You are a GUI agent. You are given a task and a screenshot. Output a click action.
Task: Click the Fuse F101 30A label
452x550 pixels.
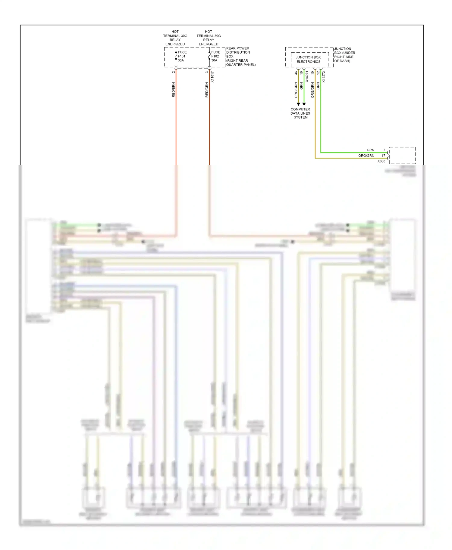182,56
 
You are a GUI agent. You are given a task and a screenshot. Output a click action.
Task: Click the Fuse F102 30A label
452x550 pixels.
215,56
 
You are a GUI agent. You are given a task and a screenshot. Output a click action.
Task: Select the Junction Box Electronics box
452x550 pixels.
308,60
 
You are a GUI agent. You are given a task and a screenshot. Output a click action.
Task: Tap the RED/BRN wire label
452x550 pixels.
174,90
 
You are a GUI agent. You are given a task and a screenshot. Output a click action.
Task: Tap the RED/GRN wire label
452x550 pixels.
207,90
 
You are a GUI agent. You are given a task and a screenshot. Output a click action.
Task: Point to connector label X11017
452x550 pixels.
212,77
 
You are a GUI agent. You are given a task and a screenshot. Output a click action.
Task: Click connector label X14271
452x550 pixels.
307,77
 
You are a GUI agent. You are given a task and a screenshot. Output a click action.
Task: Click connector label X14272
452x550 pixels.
324,77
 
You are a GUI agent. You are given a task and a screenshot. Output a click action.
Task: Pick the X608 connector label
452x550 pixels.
381,161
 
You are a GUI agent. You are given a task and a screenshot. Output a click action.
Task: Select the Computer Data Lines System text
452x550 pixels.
300,113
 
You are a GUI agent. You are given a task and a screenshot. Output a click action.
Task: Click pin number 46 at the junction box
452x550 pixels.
296,73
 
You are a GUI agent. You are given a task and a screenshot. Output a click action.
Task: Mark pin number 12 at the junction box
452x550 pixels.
318,73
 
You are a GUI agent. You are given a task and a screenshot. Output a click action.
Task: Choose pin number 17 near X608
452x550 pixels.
383,156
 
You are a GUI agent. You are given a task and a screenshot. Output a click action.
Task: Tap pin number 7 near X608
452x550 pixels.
384,150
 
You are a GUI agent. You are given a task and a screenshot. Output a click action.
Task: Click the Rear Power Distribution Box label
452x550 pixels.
240,57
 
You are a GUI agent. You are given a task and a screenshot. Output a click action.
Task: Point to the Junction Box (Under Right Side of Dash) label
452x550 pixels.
344,55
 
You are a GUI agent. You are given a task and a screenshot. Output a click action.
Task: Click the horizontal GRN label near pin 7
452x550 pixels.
370,150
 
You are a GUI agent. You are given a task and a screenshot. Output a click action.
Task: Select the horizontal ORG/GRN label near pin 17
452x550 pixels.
366,156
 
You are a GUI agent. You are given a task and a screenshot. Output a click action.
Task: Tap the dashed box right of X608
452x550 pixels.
402,155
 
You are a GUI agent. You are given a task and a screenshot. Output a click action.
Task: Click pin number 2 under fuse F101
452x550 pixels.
174,72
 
